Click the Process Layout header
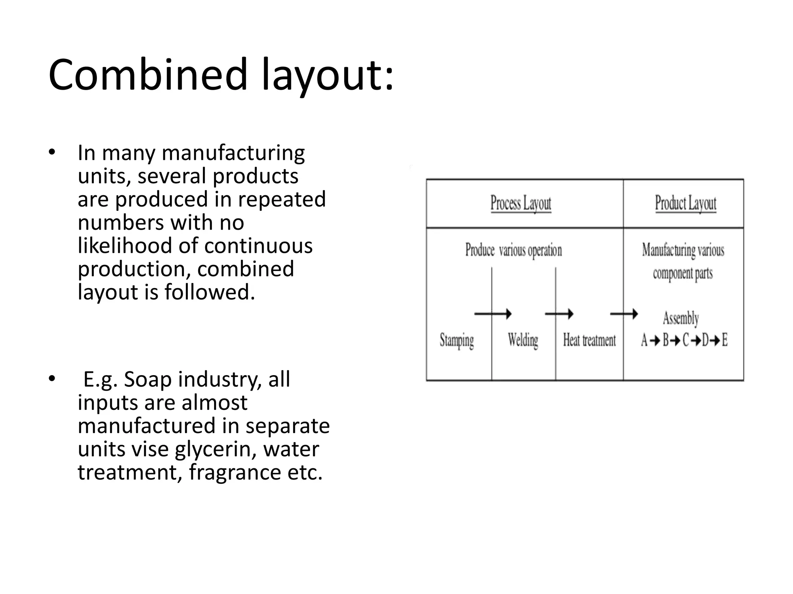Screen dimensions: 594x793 [521, 203]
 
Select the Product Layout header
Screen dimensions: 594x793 [685, 203]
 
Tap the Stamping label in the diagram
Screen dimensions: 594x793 [457, 341]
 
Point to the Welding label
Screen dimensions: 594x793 [523, 341]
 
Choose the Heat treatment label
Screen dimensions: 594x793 [589, 341]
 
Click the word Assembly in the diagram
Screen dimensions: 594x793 [681, 319]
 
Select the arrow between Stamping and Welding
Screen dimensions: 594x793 [493, 314]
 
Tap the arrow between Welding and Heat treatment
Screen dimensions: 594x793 [559, 314]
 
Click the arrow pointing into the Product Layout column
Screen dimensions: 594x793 [624, 314]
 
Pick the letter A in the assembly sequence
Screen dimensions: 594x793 [644, 340]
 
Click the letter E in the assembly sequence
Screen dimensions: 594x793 [724, 340]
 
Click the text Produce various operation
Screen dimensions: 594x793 [513, 250]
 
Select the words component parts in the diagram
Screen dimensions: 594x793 [683, 273]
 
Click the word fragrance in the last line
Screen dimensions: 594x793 [235, 473]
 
